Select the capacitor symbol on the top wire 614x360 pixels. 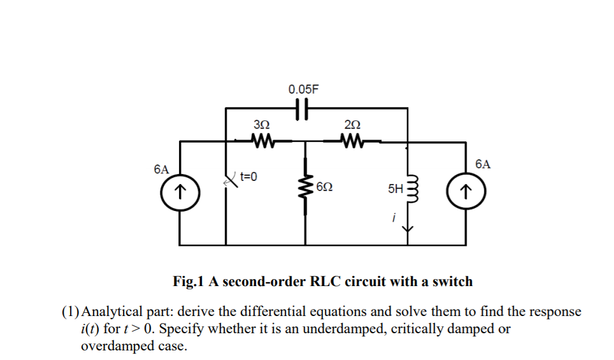coord(303,110)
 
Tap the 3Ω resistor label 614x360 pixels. coord(262,124)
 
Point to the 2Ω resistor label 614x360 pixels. coord(352,124)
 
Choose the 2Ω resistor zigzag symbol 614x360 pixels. coord(352,140)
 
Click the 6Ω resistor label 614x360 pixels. coord(324,188)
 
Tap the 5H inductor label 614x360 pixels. coord(395,189)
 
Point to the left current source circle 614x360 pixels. coord(181,190)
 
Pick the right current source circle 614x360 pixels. coord(465,190)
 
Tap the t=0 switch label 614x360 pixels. coord(248,176)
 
